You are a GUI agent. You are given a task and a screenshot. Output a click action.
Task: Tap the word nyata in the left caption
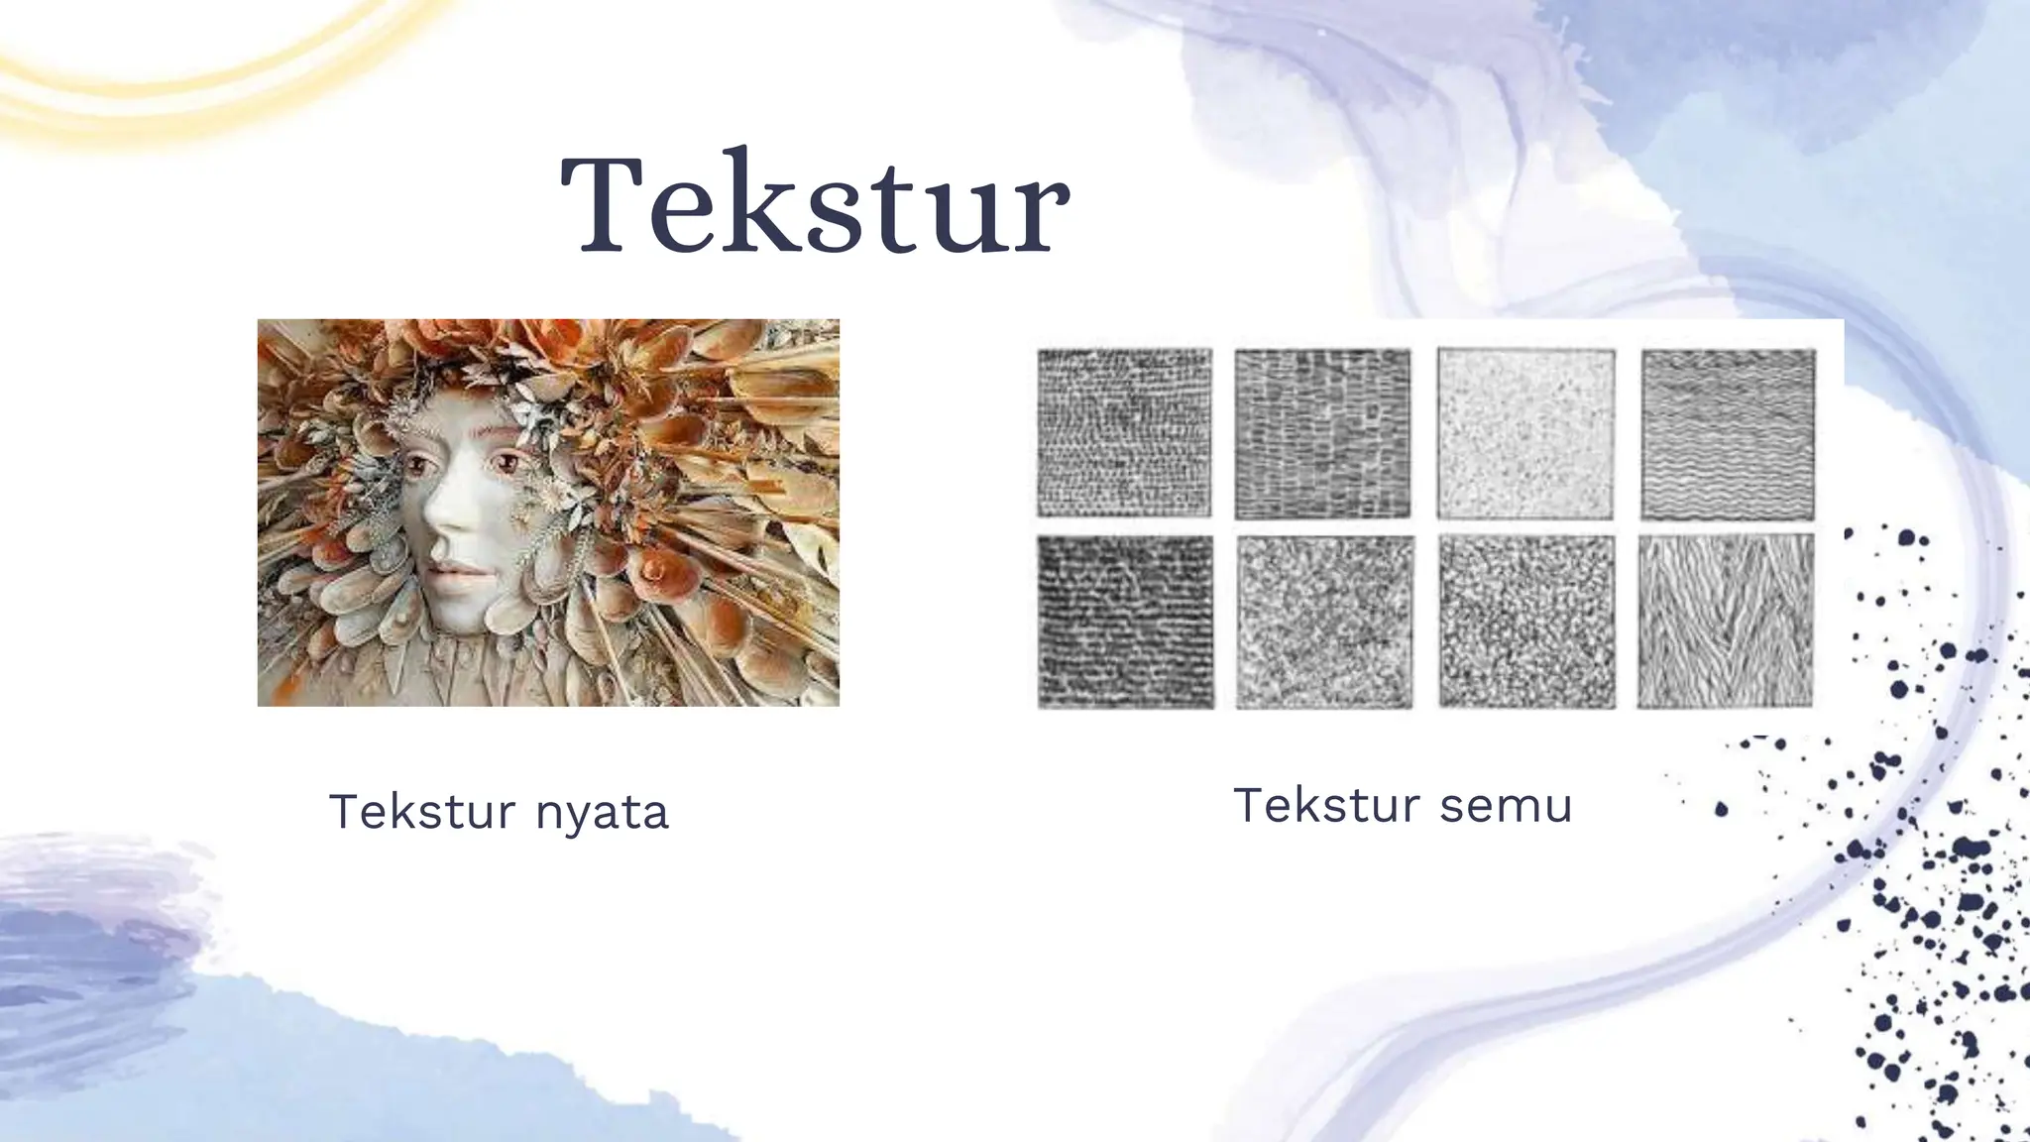click(x=602, y=813)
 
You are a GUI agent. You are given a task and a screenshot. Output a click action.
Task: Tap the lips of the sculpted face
click(x=452, y=572)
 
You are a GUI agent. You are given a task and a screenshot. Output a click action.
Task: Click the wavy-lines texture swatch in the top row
click(x=1728, y=434)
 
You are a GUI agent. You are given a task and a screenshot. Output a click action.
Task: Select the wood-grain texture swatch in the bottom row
click(x=1726, y=622)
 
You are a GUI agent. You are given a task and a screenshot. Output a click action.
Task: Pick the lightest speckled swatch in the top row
click(x=1525, y=434)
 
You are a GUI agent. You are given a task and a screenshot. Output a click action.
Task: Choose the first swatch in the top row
click(x=1124, y=434)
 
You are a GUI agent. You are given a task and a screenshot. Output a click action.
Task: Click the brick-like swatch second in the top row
click(x=1322, y=434)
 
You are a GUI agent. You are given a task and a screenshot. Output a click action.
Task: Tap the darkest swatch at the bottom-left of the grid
click(x=1125, y=622)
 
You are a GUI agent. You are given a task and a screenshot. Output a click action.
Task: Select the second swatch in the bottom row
click(x=1324, y=622)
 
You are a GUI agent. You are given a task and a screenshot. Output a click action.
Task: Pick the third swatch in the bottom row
click(x=1526, y=622)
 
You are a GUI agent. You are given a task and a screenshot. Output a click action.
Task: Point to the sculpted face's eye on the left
click(x=415, y=465)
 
